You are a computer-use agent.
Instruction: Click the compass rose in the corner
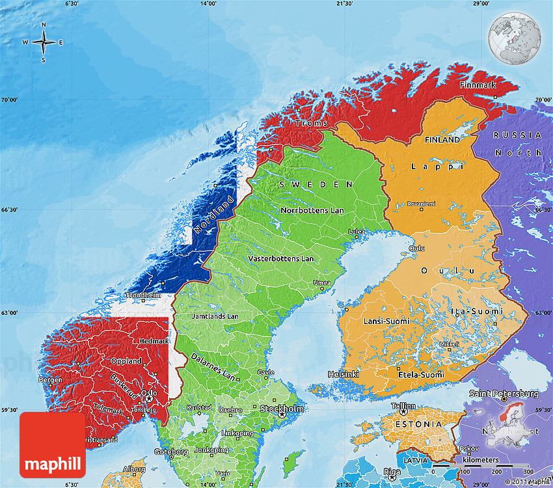coord(44,43)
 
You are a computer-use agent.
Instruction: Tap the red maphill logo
coord(53,445)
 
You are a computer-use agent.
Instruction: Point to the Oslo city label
coord(149,393)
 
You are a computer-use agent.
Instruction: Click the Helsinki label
coord(344,374)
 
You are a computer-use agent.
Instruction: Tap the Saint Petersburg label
coord(504,394)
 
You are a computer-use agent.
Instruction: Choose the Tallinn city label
coord(403,405)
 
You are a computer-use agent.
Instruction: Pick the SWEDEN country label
coord(318,185)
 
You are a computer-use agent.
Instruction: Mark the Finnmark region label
coord(478,85)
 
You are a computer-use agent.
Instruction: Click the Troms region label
coord(307,123)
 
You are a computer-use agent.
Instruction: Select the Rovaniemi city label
coord(421,204)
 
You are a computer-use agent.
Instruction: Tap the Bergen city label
coord(50,379)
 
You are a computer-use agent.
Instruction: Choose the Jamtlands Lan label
coord(215,317)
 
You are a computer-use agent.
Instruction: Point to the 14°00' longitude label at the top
coord(208,4)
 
